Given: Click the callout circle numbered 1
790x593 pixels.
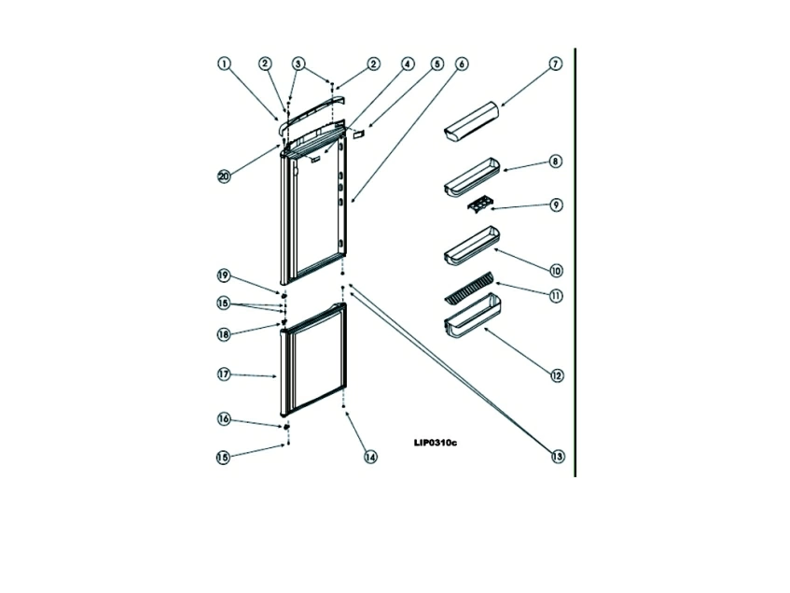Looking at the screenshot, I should point(224,64).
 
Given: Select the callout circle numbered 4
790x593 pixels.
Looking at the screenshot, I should point(407,64).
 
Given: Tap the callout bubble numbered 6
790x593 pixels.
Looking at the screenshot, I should point(463,64).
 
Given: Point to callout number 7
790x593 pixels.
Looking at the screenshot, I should point(555,64).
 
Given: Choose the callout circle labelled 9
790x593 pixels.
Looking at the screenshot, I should point(556,205).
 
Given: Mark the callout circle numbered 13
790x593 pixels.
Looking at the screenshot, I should point(557,457).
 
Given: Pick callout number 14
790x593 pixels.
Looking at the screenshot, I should point(370,458).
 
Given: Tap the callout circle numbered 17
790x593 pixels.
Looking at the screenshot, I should point(224,374).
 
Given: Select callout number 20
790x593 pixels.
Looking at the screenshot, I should point(224,176).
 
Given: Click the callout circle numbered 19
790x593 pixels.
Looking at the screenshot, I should point(224,275).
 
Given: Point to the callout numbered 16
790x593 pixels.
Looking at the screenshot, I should point(224,420).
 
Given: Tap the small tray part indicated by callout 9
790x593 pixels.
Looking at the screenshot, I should point(471,205).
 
